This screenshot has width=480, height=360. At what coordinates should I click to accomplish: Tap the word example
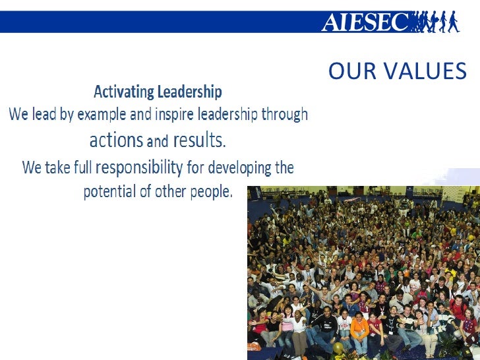[102, 115]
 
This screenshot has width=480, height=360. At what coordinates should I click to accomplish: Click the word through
[284, 115]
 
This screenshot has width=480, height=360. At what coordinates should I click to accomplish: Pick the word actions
[116, 140]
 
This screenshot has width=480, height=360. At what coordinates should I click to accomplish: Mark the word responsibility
[139, 167]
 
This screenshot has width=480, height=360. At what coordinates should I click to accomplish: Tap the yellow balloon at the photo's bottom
[338, 347]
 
